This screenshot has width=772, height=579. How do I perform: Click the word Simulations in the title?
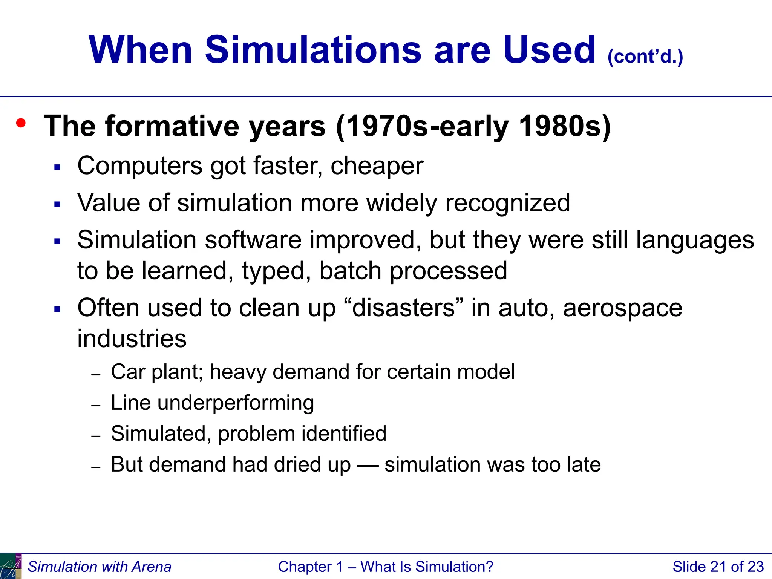(313, 50)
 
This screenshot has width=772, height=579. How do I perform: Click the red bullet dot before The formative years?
(21, 123)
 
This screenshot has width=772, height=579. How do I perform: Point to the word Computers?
(140, 166)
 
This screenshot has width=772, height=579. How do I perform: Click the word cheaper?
(377, 166)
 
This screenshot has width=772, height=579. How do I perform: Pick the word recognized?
(507, 203)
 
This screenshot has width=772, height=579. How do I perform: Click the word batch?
(350, 271)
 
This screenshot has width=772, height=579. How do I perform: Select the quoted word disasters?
(404, 308)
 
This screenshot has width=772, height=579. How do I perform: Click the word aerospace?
(622, 308)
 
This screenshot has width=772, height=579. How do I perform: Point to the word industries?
(132, 338)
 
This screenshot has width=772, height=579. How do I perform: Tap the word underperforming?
(236, 403)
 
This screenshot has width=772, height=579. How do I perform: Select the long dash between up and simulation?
(368, 465)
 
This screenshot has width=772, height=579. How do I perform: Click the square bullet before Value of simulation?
(57, 205)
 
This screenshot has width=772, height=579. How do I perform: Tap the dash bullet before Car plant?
(96, 374)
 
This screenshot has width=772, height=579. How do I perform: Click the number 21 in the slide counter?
(718, 567)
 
